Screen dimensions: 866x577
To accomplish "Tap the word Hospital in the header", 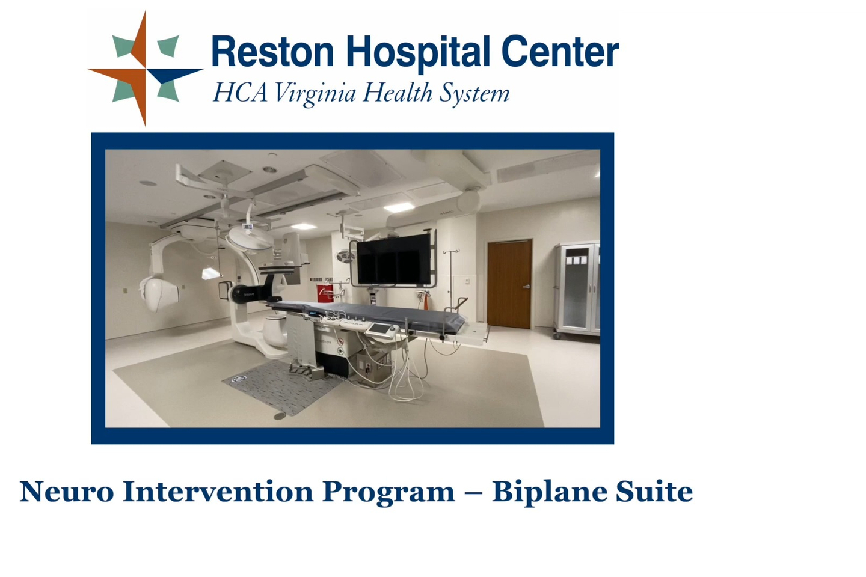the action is (x=418, y=53).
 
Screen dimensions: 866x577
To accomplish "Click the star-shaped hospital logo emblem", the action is (x=146, y=69).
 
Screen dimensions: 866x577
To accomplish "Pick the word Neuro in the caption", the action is (x=67, y=492).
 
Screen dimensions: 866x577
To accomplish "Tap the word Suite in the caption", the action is (x=654, y=492).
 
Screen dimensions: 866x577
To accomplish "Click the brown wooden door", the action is (x=509, y=284).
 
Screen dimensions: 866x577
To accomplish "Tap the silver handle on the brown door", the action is (x=526, y=286).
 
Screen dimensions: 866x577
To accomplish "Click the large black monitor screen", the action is (x=393, y=259).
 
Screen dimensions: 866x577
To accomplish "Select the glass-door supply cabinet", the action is (x=577, y=290).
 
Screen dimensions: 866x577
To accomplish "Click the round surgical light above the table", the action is (x=251, y=237).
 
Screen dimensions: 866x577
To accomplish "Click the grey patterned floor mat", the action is (x=281, y=387).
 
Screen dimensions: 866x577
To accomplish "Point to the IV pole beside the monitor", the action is (x=451, y=279).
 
